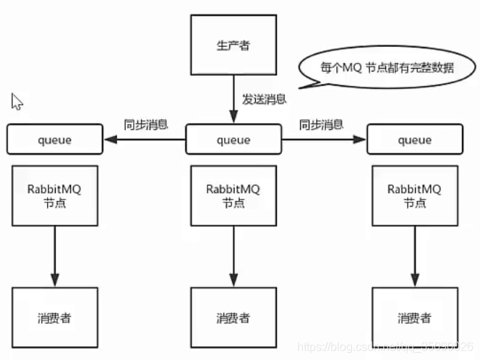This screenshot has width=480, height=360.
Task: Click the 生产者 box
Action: [x=233, y=45]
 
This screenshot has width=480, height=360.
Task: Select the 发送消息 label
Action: [x=262, y=100]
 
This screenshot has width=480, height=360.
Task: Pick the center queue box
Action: [x=233, y=140]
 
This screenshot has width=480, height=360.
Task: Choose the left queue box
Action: [x=55, y=140]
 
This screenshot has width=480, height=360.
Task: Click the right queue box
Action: [x=414, y=140]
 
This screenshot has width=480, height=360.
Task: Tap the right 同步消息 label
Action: [x=322, y=124]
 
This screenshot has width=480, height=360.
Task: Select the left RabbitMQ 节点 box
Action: [x=56, y=195]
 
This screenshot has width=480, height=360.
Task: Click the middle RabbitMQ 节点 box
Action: [x=233, y=195]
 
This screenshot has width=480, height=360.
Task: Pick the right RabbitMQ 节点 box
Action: [x=414, y=195]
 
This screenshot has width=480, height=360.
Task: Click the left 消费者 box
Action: [x=55, y=317]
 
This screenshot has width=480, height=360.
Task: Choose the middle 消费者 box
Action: [x=233, y=317]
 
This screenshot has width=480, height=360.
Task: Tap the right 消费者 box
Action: [x=414, y=317]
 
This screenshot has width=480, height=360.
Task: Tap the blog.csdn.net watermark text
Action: [x=387, y=348]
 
